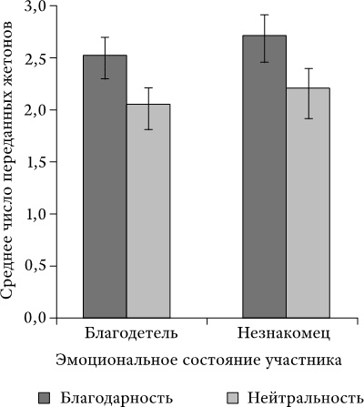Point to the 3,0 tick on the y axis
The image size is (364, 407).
pos(35,6)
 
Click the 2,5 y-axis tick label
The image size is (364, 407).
pos(35,58)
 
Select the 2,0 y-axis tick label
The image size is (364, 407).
pos(35,110)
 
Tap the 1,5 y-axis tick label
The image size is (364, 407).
pos(35,162)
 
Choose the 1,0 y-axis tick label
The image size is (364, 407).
pos(35,214)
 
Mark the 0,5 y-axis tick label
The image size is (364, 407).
pos(35,266)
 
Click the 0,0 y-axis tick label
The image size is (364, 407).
pos(35,318)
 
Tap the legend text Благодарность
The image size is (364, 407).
pos(117,397)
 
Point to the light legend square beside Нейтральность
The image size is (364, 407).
pos(230,397)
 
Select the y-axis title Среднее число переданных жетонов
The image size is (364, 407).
pos(8,164)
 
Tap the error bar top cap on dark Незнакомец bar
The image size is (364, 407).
pos(264,15)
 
